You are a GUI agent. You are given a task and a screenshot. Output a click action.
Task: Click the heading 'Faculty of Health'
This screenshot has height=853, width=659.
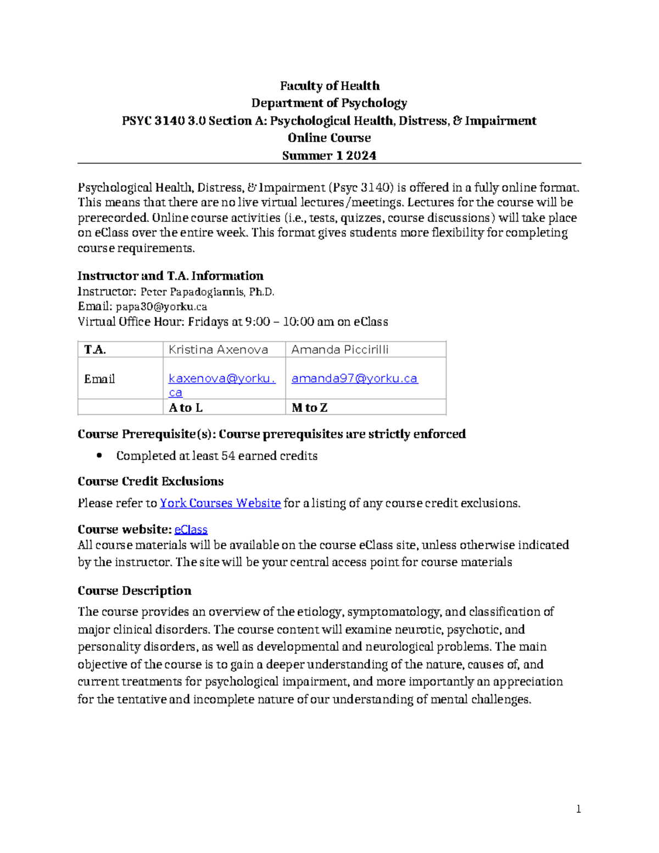coord(329,86)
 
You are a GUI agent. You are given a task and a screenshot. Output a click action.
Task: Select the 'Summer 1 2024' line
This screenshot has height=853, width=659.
coord(329,155)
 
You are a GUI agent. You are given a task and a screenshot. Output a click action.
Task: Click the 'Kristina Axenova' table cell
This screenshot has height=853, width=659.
coord(218,349)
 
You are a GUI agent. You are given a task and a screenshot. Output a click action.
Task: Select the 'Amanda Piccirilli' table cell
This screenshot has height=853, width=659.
coord(339,349)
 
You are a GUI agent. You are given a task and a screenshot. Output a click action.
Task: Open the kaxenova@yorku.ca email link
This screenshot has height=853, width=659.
coord(221,378)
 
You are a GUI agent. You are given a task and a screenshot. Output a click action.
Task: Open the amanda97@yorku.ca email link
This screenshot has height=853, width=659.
coord(354,378)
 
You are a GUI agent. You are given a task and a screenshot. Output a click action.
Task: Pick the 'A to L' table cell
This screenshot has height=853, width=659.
coord(186,408)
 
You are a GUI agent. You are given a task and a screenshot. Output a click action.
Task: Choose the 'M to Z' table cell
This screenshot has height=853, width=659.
coord(309,408)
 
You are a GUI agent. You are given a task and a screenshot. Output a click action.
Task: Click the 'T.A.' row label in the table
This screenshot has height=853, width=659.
coord(95,349)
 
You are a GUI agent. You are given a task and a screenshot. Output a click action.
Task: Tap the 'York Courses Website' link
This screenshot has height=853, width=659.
coord(220,503)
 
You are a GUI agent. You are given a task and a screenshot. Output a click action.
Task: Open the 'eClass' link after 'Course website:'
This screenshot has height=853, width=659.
coord(191,529)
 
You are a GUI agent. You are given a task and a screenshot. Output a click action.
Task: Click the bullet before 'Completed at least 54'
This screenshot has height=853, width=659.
coord(99,455)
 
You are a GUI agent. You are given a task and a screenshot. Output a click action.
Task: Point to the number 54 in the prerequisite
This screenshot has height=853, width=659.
coord(228,456)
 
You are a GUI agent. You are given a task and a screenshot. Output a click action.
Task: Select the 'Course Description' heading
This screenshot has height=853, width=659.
coord(135,590)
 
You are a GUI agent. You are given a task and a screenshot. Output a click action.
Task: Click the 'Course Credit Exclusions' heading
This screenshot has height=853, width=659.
coord(150,481)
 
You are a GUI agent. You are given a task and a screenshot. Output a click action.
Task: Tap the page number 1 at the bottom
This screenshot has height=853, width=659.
coord(578,809)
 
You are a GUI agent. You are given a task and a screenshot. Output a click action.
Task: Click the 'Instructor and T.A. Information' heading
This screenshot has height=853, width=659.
coord(170,276)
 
